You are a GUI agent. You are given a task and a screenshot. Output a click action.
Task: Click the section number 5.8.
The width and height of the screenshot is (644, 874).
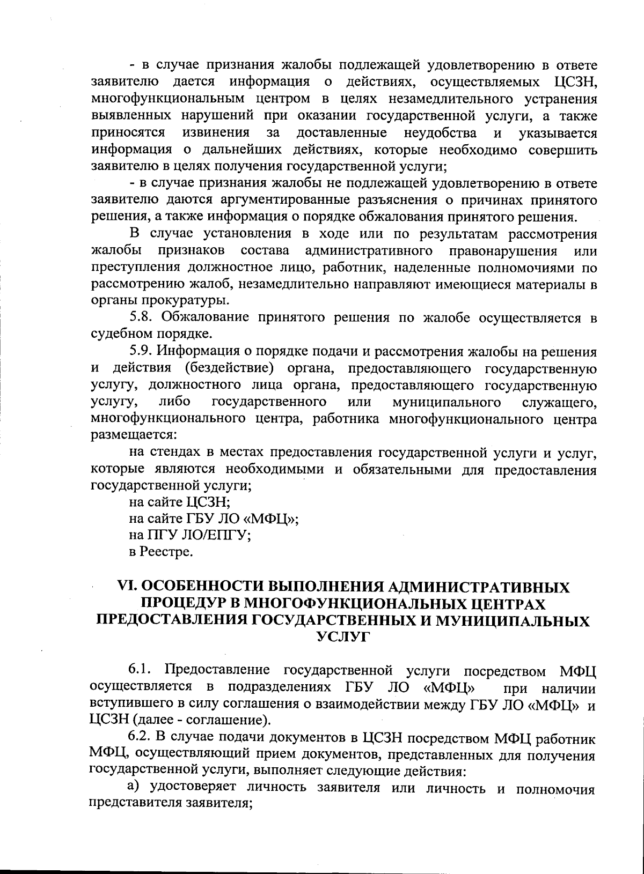(x=141, y=317)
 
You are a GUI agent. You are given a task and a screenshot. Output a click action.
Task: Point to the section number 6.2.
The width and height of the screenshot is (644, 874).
(x=141, y=738)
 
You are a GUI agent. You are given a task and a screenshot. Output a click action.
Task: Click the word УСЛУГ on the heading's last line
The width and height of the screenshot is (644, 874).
(x=343, y=636)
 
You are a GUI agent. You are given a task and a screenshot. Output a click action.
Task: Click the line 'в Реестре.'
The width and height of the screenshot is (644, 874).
(x=160, y=551)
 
